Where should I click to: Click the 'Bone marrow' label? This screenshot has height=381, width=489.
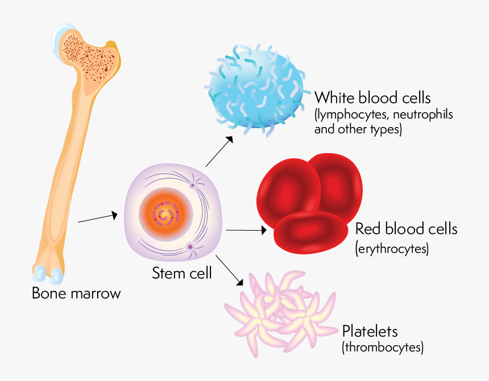[x=76, y=294]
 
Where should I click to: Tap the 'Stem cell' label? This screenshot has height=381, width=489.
[x=181, y=273]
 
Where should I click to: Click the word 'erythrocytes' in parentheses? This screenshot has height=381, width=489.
[x=392, y=249]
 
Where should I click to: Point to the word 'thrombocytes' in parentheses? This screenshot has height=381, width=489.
[x=383, y=347]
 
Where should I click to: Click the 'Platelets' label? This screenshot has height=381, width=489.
[x=370, y=331]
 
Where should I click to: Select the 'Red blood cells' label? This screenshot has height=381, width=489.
[x=406, y=229]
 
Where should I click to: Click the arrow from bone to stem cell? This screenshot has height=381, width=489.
[x=97, y=218]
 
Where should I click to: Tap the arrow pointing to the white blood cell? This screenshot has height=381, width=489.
[x=219, y=151]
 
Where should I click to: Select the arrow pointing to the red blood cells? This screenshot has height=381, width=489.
[x=246, y=230]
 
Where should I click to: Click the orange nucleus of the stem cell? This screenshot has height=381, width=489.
[x=164, y=216]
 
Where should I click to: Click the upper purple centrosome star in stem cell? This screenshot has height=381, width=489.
[x=193, y=185]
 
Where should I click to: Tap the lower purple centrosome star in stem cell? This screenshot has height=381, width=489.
[x=190, y=247]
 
